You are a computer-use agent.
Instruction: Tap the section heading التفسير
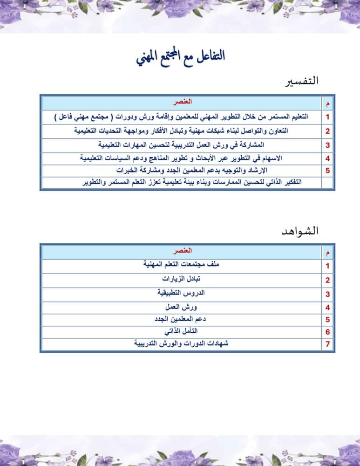pyautogui.click(x=301, y=81)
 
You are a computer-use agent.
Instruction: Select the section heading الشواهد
pyautogui.click(x=300, y=231)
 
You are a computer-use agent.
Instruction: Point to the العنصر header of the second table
pyautogui.click(x=182, y=251)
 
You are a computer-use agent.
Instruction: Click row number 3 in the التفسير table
pyautogui.click(x=328, y=145)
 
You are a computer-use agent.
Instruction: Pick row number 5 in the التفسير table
pyautogui.click(x=328, y=171)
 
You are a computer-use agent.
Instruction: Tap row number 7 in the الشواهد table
pyautogui.click(x=328, y=344)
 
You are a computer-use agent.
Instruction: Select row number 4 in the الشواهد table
pyautogui.click(x=328, y=308)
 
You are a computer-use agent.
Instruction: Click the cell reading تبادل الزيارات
pyautogui.click(x=181, y=279)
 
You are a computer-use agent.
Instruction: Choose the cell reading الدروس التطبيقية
pyautogui.click(x=181, y=293)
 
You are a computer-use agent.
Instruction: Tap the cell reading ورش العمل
pyautogui.click(x=181, y=308)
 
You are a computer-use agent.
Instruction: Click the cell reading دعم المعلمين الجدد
pyautogui.click(x=181, y=320)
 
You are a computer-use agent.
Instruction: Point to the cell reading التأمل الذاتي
pyautogui.click(x=181, y=332)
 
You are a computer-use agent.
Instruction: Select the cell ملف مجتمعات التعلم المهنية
pyautogui.click(x=181, y=265)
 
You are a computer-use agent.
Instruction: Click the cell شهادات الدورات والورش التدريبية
pyautogui.click(x=181, y=344)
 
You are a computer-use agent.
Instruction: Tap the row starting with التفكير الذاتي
pyautogui.click(x=192, y=182)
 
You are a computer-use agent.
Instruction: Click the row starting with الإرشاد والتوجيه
pyautogui.click(x=192, y=170)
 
